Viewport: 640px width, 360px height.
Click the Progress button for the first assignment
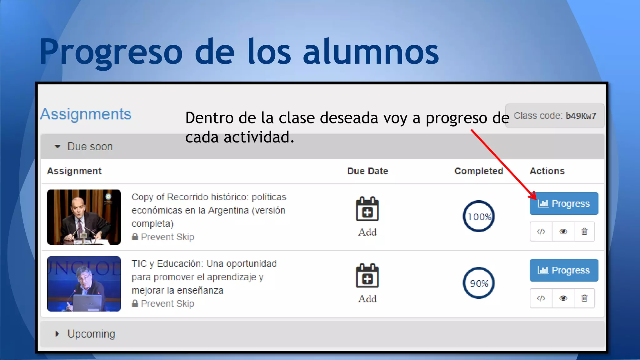tap(564, 203)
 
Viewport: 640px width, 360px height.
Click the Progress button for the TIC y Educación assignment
tap(564, 270)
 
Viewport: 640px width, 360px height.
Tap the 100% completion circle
tap(478, 216)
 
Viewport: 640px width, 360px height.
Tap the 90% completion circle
tap(478, 283)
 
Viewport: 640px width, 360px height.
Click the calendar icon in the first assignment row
tap(367, 209)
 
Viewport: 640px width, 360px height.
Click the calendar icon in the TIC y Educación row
tap(367, 276)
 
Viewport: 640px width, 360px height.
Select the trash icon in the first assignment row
tap(584, 232)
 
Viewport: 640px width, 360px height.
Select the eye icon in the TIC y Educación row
tap(563, 298)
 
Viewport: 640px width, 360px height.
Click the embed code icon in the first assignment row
tap(541, 232)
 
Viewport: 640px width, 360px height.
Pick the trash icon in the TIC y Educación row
tap(584, 298)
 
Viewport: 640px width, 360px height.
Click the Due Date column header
tap(367, 171)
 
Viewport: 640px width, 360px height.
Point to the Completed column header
tap(478, 171)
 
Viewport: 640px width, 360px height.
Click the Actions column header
tap(547, 171)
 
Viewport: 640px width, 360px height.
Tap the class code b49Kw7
tap(581, 116)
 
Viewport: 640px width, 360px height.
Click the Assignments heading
tap(86, 114)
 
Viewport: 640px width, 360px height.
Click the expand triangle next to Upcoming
tap(57, 334)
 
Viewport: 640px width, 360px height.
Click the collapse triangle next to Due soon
tap(57, 147)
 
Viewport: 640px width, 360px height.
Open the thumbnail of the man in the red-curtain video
tap(84, 217)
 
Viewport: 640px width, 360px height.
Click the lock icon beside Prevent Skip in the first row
tap(135, 237)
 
